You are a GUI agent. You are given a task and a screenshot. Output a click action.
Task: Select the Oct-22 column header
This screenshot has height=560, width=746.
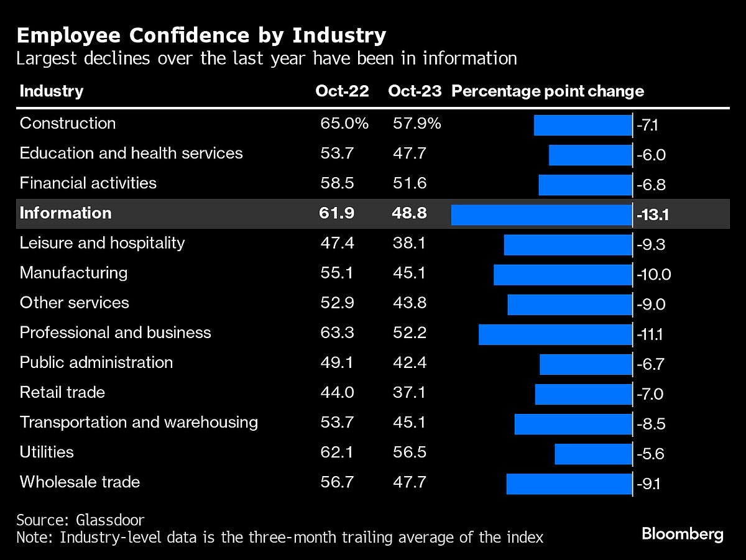coord(342,91)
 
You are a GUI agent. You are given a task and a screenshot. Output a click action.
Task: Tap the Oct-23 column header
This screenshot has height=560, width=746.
coord(415,91)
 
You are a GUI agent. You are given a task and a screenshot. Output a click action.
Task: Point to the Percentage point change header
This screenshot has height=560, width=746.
coord(548,91)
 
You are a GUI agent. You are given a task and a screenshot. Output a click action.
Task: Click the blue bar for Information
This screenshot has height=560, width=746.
coord(541,214)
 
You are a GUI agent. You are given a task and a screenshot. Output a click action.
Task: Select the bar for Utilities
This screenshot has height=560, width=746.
coord(593,454)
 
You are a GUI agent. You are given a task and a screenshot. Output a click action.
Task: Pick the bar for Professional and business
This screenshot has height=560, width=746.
coord(555,334)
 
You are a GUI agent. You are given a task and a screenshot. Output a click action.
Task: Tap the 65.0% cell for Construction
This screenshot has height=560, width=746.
coord(344,123)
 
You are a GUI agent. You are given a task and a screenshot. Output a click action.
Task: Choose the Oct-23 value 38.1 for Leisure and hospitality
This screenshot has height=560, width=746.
coord(409,243)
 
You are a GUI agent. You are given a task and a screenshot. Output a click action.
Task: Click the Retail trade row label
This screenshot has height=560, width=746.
coord(62,392)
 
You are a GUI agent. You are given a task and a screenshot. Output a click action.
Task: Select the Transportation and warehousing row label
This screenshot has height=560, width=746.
coord(139,423)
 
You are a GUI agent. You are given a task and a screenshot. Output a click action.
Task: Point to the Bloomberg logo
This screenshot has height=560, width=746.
coord(683,533)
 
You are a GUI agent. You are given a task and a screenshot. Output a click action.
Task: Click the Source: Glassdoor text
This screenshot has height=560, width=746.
coord(80,520)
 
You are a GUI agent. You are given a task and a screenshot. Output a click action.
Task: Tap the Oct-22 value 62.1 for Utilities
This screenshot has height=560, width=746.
coord(337,452)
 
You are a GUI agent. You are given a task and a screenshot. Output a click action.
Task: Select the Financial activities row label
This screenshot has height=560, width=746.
coord(88,183)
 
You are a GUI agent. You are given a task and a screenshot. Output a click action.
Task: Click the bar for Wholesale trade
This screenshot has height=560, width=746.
coord(569,484)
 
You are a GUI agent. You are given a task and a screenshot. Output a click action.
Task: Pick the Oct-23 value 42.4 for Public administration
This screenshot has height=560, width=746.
coord(409,362)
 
